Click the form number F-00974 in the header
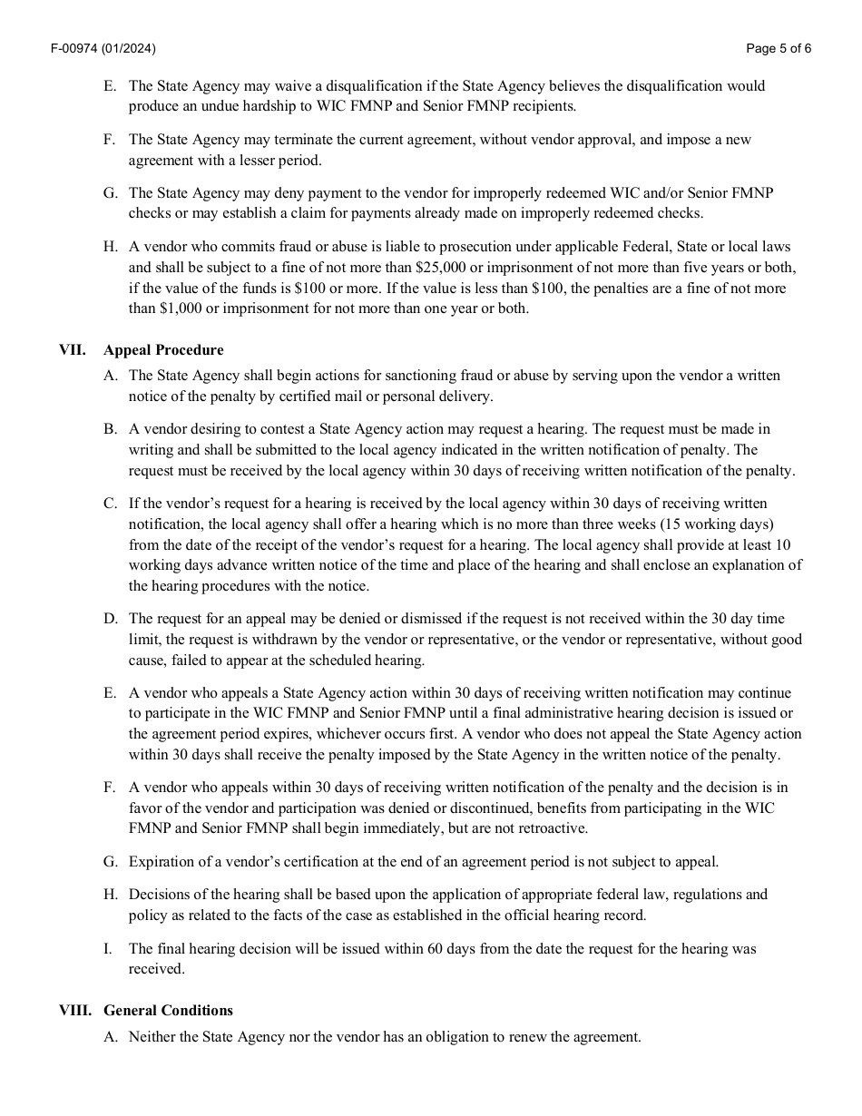[x=75, y=49]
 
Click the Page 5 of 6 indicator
[x=778, y=49]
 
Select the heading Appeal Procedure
[x=163, y=349]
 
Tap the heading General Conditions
[x=168, y=1010]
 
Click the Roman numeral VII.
[x=73, y=349]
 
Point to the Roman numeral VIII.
[x=75, y=1010]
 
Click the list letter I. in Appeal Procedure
[x=108, y=948]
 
